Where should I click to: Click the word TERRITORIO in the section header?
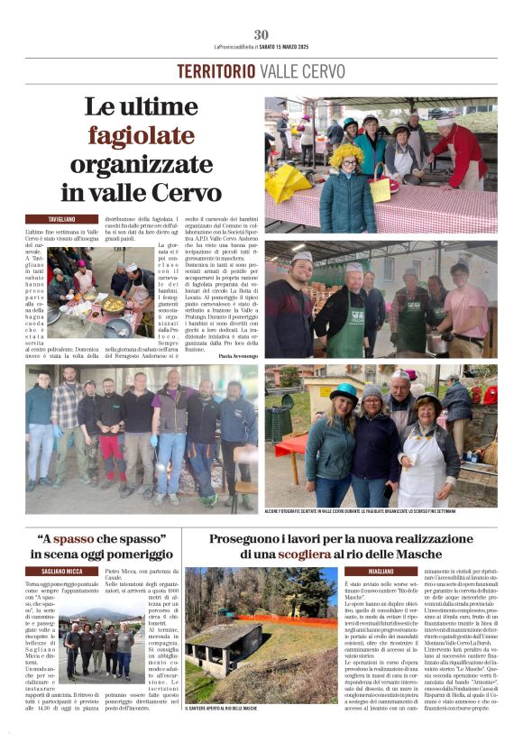point(216,71)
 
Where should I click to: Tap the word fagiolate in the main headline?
point(152,136)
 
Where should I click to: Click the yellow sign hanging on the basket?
point(381,189)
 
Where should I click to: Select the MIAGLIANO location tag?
point(368,571)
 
